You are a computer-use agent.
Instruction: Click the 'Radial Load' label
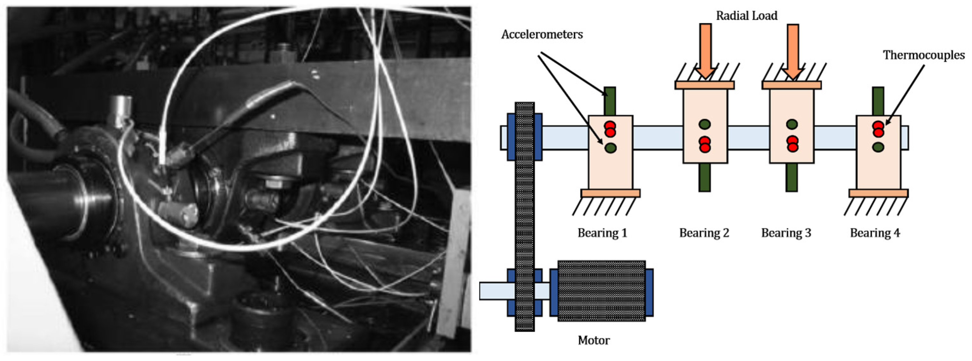click(746, 16)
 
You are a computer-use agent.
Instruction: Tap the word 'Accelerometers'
click(542, 35)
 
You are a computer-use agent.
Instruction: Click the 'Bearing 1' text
click(602, 233)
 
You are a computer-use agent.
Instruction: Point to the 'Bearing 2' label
click(704, 233)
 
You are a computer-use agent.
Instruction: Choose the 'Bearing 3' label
click(786, 233)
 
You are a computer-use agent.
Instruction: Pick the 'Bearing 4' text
click(875, 233)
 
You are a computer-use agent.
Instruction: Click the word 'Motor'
click(594, 340)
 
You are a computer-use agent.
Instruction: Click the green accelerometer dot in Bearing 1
click(610, 148)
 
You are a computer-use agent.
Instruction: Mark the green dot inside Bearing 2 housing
click(704, 124)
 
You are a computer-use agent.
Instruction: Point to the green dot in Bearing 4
click(878, 147)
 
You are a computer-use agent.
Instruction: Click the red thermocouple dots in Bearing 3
click(792, 144)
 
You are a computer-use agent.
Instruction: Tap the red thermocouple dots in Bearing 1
click(610, 129)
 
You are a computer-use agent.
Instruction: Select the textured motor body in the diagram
click(601, 291)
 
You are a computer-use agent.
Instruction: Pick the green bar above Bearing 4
click(878, 101)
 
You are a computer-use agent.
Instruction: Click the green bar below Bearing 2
click(704, 177)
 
